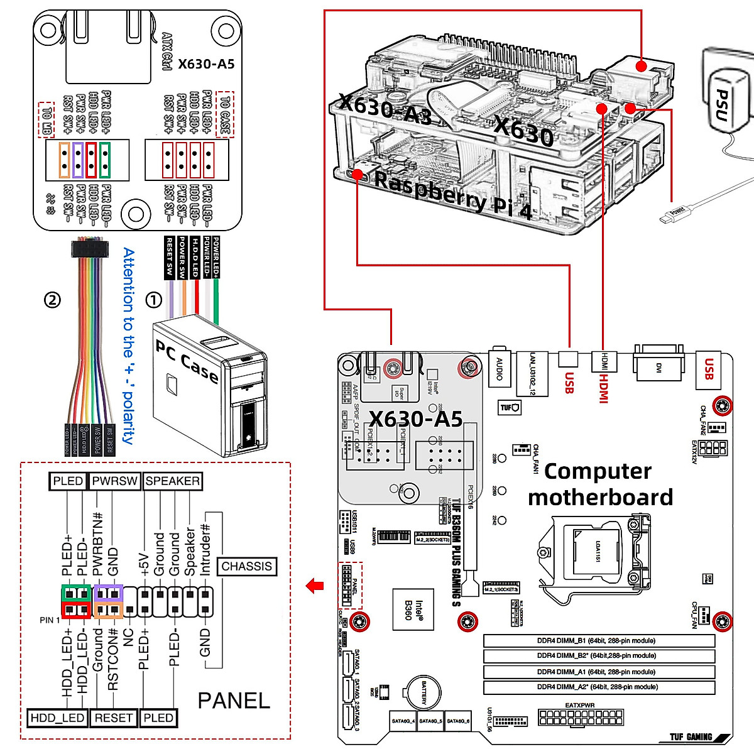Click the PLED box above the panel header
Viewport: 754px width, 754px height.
point(67,481)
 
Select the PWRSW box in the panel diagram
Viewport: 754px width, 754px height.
point(114,481)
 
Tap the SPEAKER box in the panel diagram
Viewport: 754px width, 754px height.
point(173,481)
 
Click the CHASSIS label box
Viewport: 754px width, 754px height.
point(246,566)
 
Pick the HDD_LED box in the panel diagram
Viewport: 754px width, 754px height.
point(57,718)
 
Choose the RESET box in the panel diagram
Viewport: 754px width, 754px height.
point(113,718)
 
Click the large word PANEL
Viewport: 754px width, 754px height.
point(234,700)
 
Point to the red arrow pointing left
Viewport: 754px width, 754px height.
point(315,586)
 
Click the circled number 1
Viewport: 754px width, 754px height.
point(154,300)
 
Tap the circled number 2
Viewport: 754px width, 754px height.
point(52,299)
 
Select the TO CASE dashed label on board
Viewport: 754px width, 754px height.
point(225,114)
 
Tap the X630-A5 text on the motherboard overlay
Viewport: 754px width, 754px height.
point(415,419)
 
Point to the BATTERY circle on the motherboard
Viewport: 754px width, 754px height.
point(423,693)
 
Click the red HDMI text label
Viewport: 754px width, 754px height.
point(603,388)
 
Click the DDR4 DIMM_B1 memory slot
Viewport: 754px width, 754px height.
point(599,641)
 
